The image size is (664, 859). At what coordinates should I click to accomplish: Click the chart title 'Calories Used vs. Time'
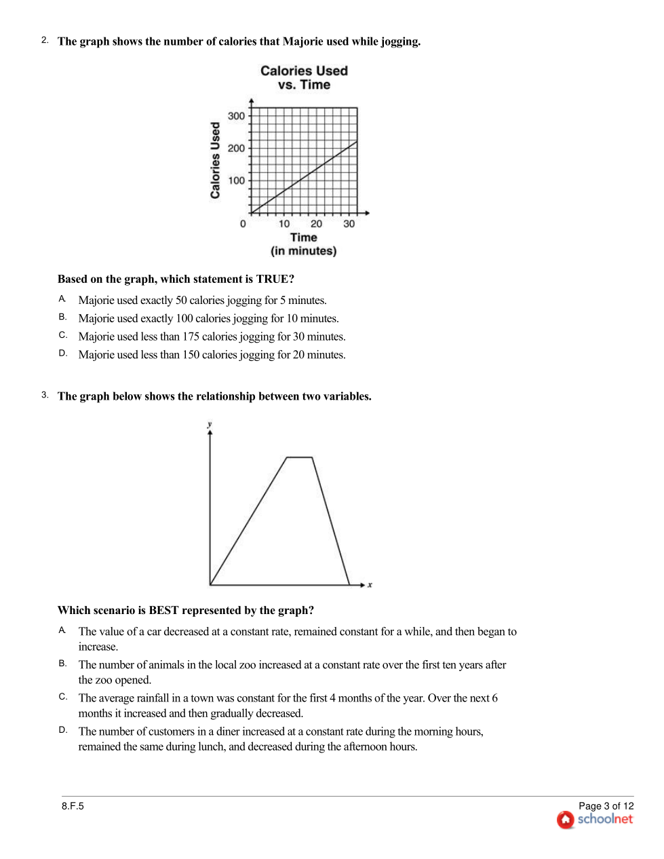point(304,77)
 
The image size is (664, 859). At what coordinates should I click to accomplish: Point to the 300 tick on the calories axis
point(236,116)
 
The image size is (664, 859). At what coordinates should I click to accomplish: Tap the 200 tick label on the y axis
point(236,148)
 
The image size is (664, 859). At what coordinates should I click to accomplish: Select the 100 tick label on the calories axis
point(236,180)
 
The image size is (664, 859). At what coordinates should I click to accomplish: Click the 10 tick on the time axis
point(284,224)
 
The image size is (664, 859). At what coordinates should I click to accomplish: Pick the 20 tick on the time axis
point(317,224)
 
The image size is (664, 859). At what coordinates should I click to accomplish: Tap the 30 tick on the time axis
point(349,224)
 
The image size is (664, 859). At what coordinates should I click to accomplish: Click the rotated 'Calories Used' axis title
point(216,160)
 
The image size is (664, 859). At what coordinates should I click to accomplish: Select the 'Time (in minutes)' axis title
point(304,244)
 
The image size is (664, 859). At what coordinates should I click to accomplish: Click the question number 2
point(45,40)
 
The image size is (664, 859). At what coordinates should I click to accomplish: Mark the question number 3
point(45,395)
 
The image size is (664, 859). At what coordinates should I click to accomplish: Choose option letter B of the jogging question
point(62,317)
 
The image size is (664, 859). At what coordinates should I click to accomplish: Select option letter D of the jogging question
point(62,353)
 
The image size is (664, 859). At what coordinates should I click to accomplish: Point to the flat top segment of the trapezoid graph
point(300,457)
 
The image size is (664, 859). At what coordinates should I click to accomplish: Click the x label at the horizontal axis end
point(370,585)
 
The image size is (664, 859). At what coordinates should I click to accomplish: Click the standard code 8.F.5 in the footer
point(73,806)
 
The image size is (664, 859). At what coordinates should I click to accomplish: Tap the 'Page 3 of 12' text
point(606,806)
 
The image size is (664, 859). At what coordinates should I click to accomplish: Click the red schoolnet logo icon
point(566,820)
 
